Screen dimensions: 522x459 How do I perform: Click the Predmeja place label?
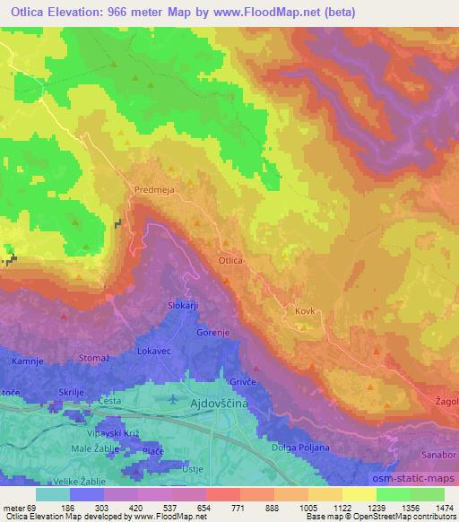[x=152, y=189]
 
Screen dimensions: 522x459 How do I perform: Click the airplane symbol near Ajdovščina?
[x=173, y=396]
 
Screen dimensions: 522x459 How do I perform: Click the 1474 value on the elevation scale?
[x=443, y=507]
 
